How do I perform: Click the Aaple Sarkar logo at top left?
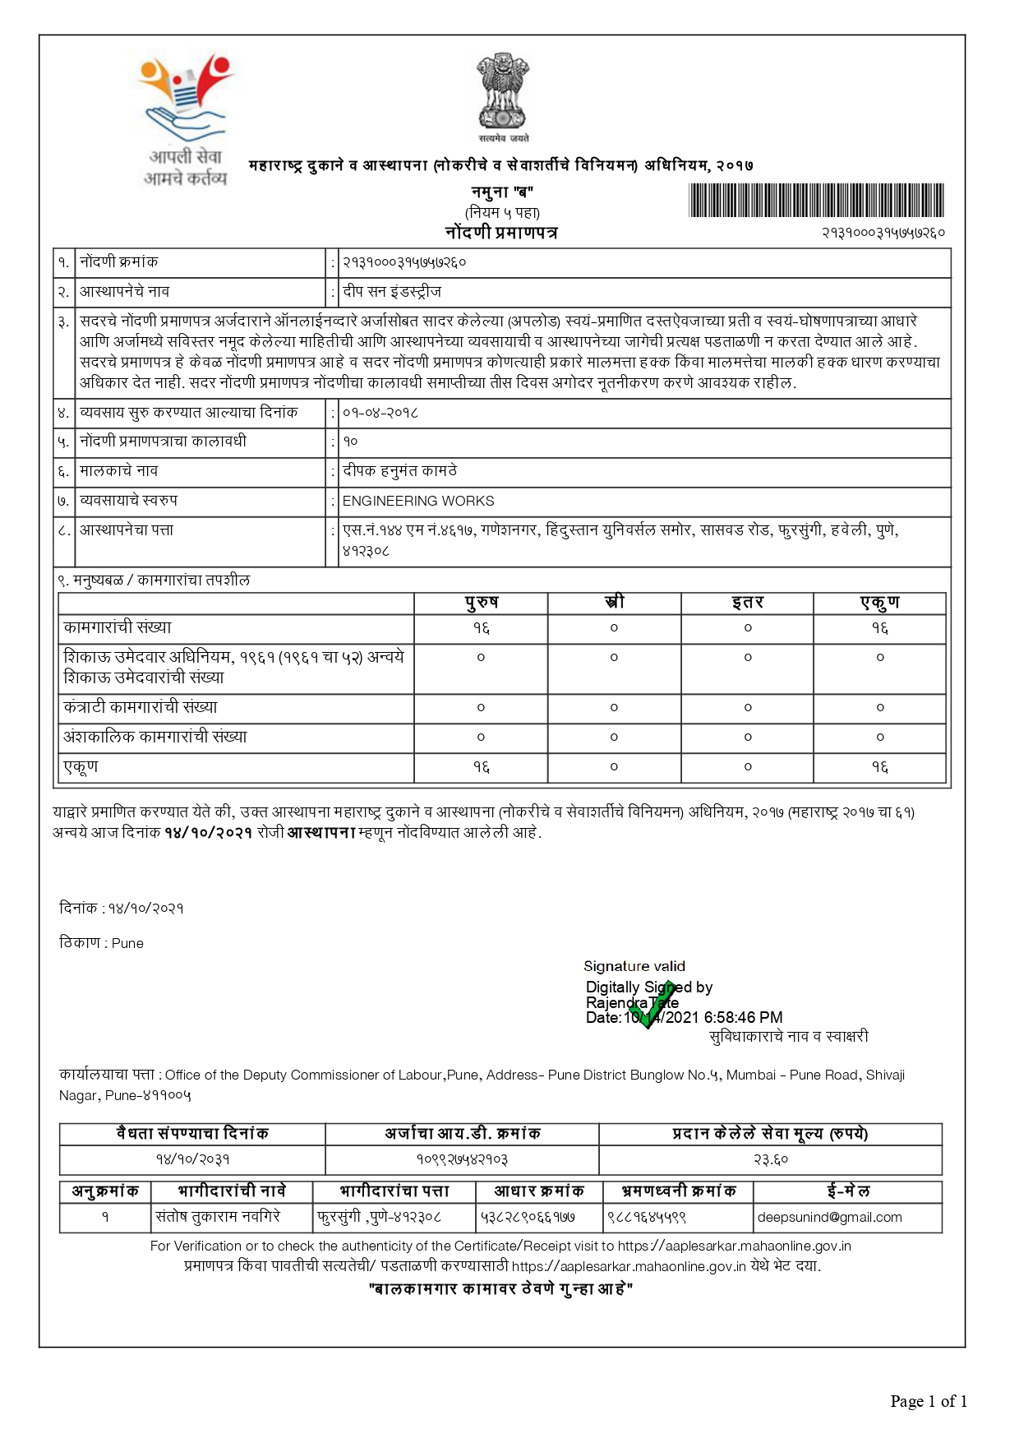(x=186, y=120)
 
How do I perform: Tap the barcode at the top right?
(x=816, y=201)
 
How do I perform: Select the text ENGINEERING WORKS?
(x=418, y=501)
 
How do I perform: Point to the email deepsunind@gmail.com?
(x=829, y=1217)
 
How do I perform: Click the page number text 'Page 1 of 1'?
(x=929, y=1401)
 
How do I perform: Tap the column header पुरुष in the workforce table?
(x=481, y=603)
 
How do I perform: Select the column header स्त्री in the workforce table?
(x=614, y=603)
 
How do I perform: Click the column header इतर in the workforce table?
(x=748, y=603)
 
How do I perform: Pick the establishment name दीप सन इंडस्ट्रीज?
(x=392, y=292)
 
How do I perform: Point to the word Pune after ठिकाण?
(x=127, y=943)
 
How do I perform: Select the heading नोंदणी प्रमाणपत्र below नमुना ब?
(x=501, y=233)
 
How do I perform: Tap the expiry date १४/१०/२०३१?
(x=192, y=1159)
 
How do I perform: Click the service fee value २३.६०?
(x=770, y=1159)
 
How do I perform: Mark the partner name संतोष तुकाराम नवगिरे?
(x=218, y=1216)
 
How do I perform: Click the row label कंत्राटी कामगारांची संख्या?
(x=141, y=707)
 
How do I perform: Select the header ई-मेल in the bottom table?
(x=847, y=1191)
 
